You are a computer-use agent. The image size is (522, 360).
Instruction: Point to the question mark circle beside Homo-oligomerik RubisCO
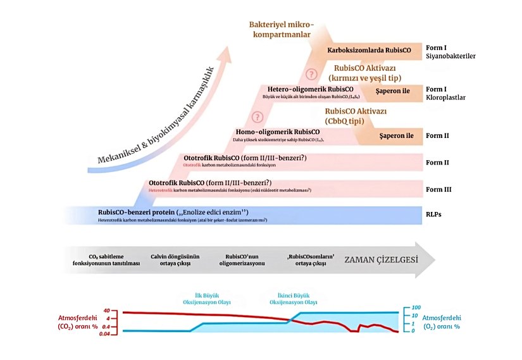(x=257, y=117)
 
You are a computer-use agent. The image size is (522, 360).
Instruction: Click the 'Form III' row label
(x=438, y=189)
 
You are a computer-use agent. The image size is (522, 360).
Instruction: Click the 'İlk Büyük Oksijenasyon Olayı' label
(x=202, y=299)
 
